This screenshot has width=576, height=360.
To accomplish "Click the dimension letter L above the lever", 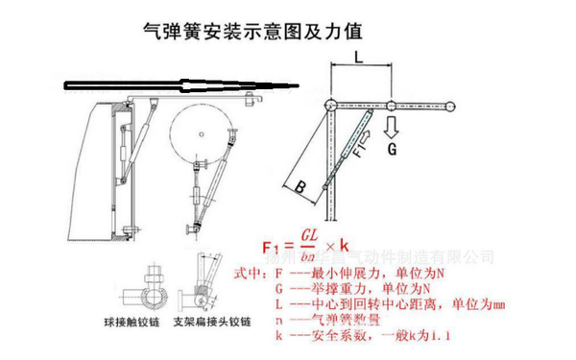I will tap(359, 59).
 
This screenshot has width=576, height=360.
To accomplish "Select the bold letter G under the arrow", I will tap(393, 150).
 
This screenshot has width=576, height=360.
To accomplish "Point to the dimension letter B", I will tap(300, 188).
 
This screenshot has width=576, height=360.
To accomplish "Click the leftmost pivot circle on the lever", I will tap(328, 104).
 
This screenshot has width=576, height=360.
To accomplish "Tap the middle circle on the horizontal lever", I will tap(391, 104).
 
